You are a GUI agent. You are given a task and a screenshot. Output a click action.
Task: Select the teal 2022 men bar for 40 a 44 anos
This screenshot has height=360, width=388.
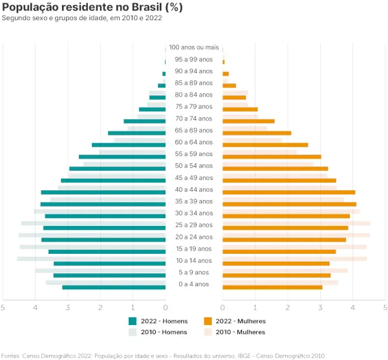point(103,192)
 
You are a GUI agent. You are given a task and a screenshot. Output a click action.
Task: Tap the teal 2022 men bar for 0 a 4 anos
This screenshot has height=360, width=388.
point(114,287)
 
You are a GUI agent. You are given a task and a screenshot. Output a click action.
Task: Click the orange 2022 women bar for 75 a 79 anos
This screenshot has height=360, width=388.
point(240,109)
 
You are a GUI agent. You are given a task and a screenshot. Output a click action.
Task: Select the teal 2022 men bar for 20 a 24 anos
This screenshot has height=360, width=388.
point(103,240)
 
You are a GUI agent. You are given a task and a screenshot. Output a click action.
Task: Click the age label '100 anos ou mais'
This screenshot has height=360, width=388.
point(194,47)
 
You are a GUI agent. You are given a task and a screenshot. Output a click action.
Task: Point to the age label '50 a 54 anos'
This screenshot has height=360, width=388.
point(194,166)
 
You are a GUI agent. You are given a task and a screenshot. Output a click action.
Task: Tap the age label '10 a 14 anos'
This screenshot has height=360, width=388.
point(194,260)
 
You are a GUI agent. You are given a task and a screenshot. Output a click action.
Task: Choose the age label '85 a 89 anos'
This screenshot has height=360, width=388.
point(194,83)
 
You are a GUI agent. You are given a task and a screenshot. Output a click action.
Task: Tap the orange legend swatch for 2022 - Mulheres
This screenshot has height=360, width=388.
point(208,321)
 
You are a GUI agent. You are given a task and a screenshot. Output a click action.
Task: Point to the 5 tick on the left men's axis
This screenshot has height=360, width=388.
point(3,307)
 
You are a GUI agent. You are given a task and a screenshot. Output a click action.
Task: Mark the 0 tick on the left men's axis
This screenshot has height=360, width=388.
point(166,307)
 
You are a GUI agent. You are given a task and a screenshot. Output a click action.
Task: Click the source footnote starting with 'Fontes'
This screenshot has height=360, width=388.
point(163,355)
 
